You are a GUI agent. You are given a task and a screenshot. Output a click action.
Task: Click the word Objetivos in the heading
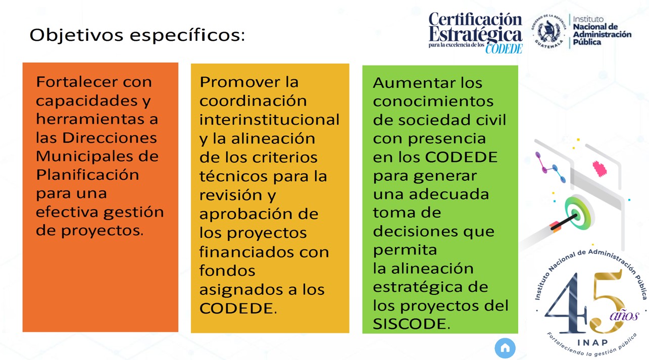[x=76, y=36]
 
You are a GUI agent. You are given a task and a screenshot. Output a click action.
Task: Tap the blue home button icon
[x=505, y=348]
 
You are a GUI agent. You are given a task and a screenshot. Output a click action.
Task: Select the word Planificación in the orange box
[x=87, y=175]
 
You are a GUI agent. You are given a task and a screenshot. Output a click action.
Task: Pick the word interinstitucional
[x=269, y=120]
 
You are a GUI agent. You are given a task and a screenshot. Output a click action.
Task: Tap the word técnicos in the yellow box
[x=233, y=176]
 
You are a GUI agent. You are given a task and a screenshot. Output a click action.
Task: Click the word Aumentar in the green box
[x=411, y=83]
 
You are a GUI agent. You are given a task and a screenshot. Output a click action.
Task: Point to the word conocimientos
[x=433, y=101]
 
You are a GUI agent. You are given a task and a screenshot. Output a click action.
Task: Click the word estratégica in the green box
[x=422, y=287]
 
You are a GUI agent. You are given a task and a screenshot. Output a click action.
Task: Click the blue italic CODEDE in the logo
[x=504, y=48]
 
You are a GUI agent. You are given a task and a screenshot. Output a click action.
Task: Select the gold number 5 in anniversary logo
[x=607, y=301]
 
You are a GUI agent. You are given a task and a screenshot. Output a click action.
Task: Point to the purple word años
[x=624, y=316]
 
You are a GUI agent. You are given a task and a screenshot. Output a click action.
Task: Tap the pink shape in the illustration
[x=599, y=169]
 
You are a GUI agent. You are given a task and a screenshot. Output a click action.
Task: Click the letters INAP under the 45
[x=592, y=343]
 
